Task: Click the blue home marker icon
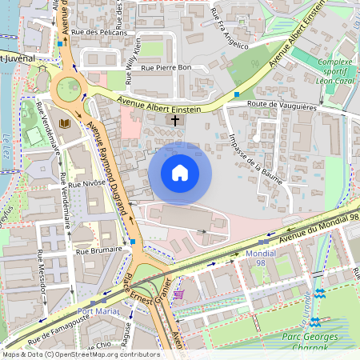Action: [180, 173]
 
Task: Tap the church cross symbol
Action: [175, 120]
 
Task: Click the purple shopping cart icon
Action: [178, 294]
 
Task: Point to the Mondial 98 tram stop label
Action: [260, 258]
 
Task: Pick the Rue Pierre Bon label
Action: [166, 68]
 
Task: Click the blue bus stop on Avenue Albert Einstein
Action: [237, 94]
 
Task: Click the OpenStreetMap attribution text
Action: [80, 354]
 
